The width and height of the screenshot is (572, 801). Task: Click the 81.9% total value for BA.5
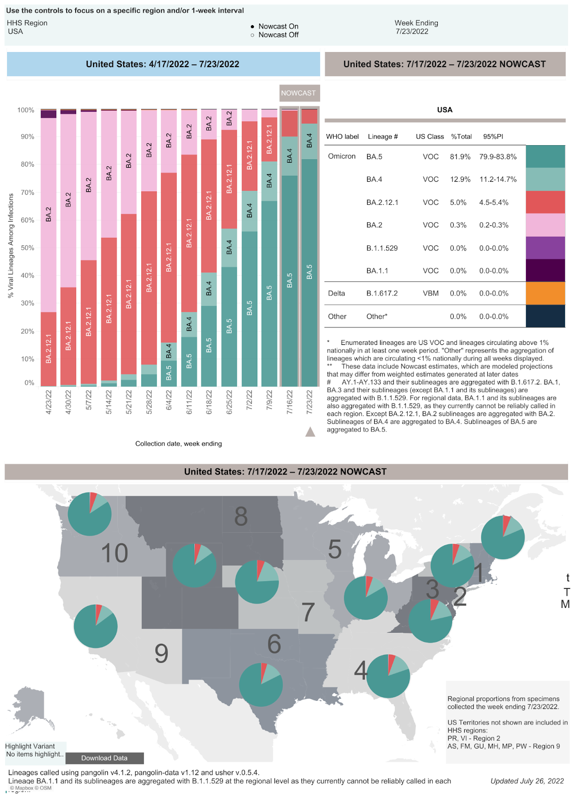[460, 157]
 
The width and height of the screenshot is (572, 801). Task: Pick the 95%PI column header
[493, 137]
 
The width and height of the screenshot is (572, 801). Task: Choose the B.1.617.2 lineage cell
[382, 293]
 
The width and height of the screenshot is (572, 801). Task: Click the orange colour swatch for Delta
[545, 293]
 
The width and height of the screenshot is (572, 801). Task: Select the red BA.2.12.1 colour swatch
[545, 202]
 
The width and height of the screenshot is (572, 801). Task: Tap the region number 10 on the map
[114, 553]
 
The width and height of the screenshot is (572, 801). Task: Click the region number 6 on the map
[274, 644]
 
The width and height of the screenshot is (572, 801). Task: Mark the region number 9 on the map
[161, 653]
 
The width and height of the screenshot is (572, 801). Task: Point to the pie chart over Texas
[261, 684]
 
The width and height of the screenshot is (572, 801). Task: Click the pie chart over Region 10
[90, 514]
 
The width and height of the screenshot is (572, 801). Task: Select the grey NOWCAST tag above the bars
[299, 93]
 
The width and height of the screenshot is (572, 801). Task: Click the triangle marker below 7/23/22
[310, 432]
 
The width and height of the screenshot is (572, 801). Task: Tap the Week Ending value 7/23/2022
[412, 32]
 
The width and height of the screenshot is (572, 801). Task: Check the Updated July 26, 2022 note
[527, 781]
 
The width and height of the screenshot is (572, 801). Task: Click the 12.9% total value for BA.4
[460, 179]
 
